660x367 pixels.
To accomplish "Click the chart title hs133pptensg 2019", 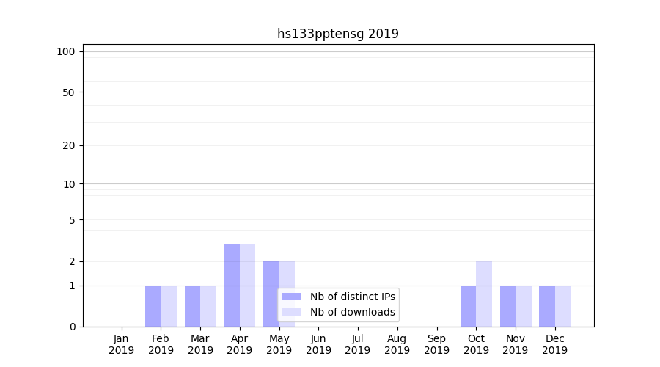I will pos(337,34).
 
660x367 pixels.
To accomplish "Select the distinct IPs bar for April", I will pos(232,285).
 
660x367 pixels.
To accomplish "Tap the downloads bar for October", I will pos(484,294).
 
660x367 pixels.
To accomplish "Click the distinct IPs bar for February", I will pos(153,306).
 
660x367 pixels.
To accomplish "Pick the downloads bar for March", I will pos(208,306).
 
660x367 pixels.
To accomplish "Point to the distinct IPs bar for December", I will pos(547,306).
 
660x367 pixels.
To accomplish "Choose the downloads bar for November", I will pos(524,306).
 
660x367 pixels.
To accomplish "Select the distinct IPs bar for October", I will pos(468,306).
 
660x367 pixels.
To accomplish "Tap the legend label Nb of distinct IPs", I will pos(352,297).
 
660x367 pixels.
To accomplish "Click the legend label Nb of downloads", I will pos(352,312).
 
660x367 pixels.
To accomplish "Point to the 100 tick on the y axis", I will pos(66,51).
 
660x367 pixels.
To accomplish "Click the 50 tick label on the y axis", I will pos(69,92).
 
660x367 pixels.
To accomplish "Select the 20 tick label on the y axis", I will pos(69,145).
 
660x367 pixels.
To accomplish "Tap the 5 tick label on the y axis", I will pos(72,220).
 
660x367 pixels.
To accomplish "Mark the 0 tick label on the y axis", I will pos(72,327).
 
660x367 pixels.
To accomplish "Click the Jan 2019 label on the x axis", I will pos(122,344).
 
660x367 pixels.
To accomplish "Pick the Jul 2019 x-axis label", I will pos(358,344).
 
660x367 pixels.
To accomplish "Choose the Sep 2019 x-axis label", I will pos(436,344).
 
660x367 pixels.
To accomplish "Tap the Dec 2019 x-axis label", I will pos(554,344).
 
